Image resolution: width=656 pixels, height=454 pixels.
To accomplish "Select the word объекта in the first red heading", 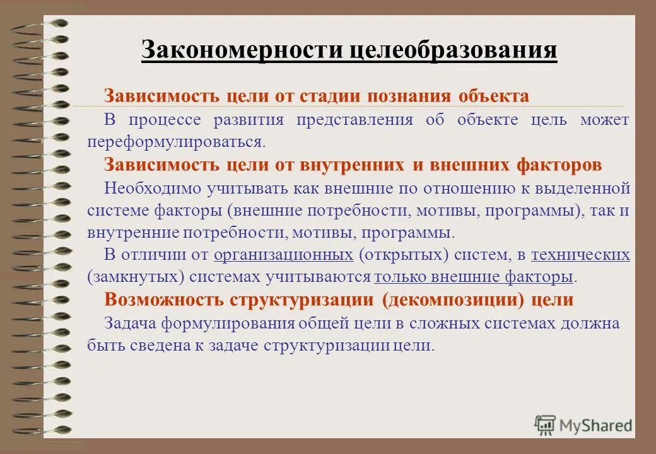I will [493, 96].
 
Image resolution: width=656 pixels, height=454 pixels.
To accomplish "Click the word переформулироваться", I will [177, 141].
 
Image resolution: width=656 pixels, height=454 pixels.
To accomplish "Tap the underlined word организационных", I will [283, 254].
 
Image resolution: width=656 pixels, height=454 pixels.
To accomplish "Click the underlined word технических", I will [580, 254].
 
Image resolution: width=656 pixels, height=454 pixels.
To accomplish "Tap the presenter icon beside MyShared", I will [545, 424].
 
